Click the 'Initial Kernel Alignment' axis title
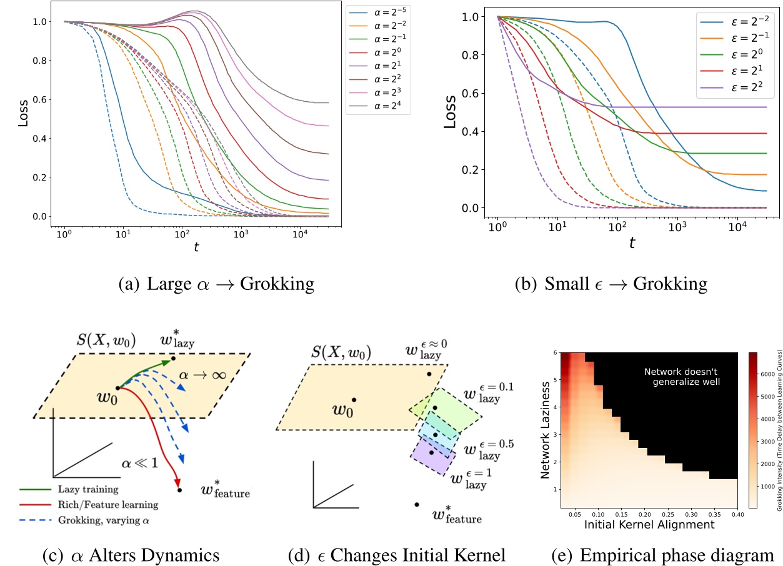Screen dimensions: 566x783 point(649,525)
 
